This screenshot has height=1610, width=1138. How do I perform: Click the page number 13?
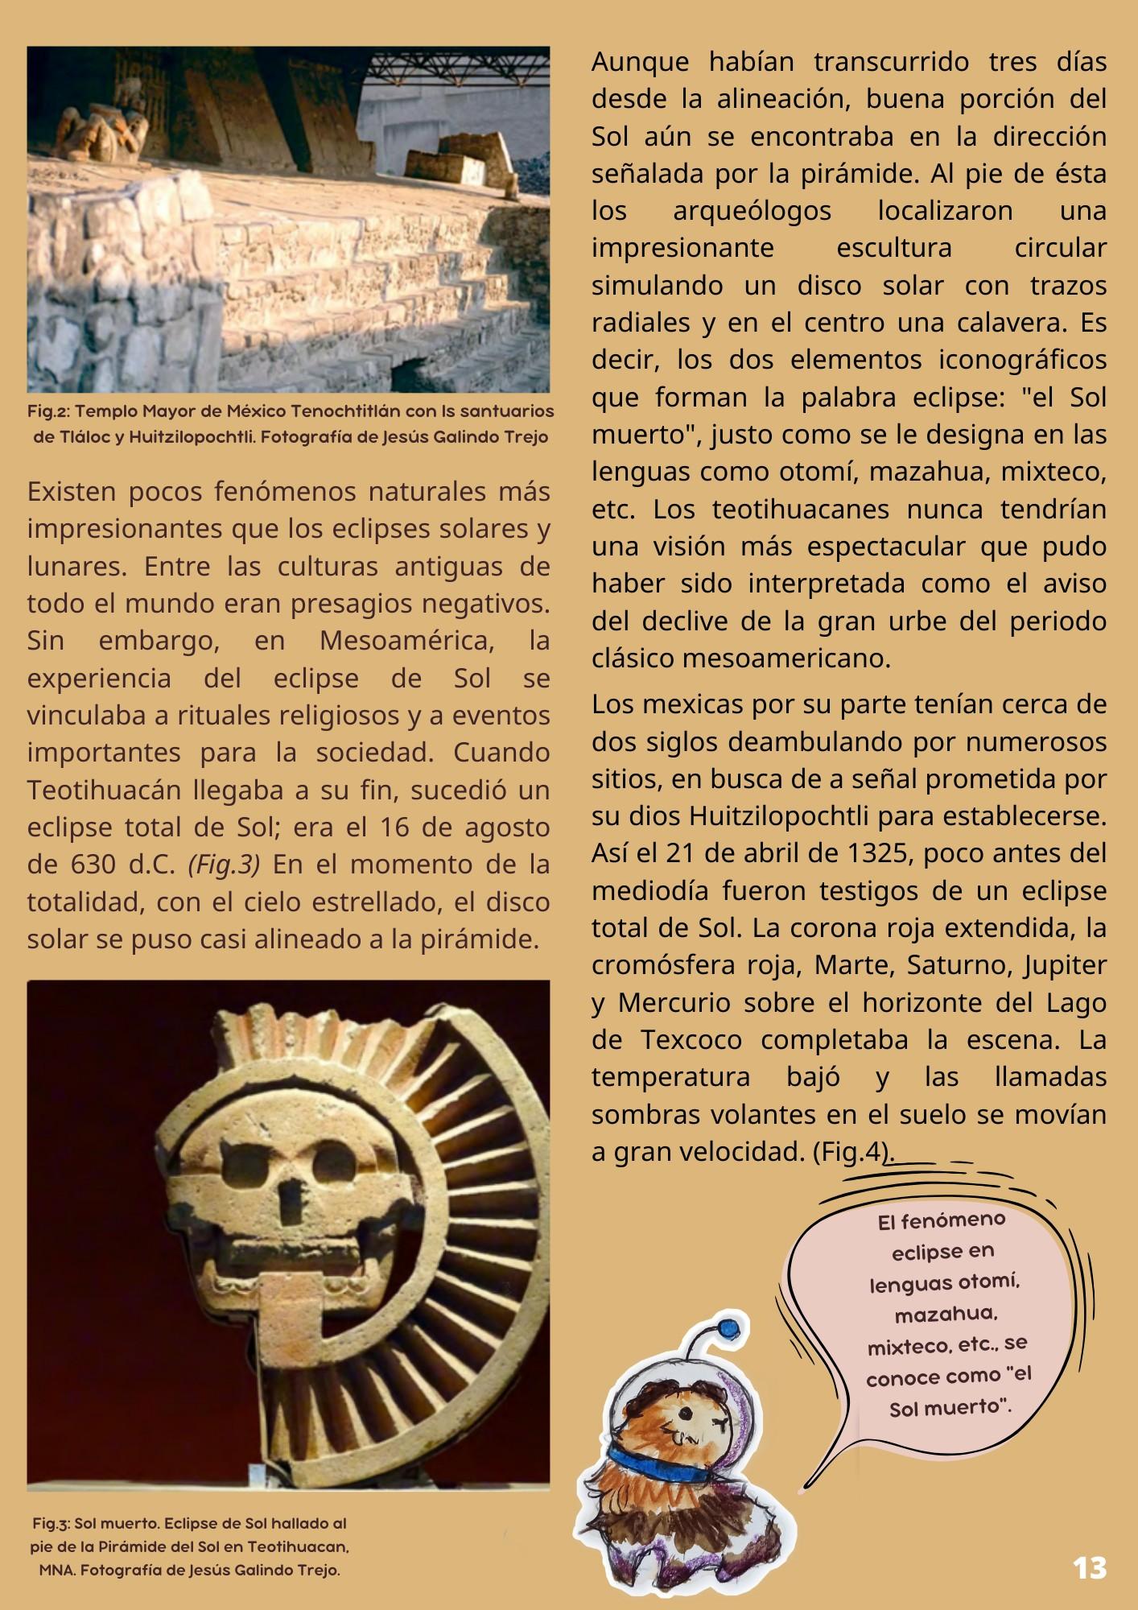(x=1090, y=1568)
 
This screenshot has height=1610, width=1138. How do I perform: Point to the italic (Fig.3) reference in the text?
(x=224, y=865)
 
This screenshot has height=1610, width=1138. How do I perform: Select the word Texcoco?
(x=691, y=1040)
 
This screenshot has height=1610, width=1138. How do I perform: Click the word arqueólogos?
(x=752, y=211)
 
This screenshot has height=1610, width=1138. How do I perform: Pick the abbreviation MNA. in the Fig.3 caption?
(x=56, y=1570)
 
